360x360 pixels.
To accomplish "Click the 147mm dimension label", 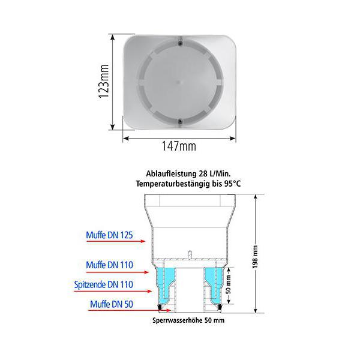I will [x=179, y=146].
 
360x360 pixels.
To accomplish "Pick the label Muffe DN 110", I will [x=109, y=264].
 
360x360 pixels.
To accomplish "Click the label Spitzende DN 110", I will [x=104, y=284].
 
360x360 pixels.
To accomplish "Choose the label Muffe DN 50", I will [x=112, y=304].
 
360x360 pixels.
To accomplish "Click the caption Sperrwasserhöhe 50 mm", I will [x=189, y=321].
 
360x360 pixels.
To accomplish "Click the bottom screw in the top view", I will [x=180, y=121].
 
